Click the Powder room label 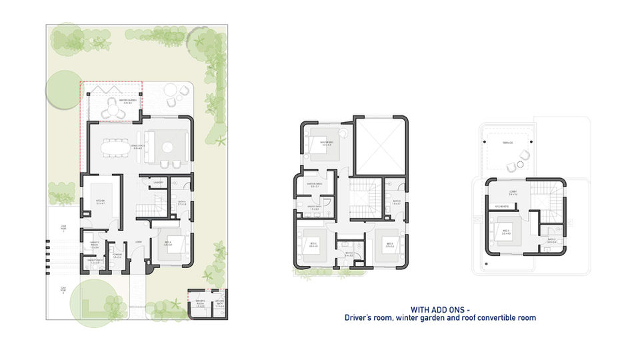117,257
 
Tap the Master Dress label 315,185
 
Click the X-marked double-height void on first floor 380,146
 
